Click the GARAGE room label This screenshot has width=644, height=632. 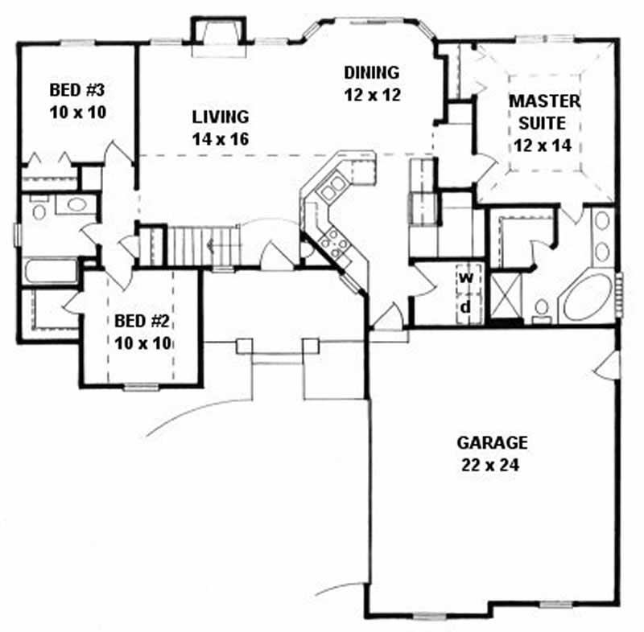[x=492, y=441]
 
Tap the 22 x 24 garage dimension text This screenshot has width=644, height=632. [x=492, y=464]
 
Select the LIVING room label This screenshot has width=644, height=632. [x=220, y=117]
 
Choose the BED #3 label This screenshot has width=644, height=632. [x=78, y=88]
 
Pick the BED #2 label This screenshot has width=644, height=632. [x=142, y=321]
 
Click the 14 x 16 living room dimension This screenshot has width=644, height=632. [x=220, y=138]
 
